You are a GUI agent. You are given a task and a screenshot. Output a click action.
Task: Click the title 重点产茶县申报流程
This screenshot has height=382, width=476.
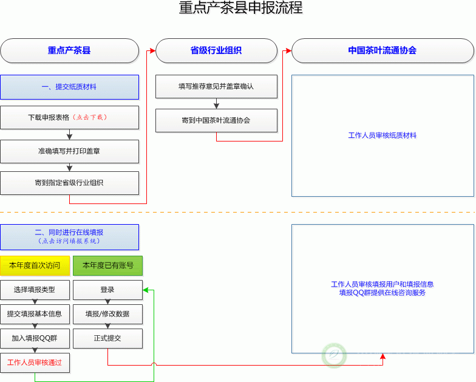point(240,9)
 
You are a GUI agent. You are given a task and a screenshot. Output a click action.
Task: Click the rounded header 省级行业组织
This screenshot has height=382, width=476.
point(216,51)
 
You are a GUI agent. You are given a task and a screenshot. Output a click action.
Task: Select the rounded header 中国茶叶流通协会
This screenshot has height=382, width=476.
point(382,51)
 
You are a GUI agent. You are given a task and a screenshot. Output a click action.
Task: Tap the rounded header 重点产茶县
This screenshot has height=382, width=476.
point(69,51)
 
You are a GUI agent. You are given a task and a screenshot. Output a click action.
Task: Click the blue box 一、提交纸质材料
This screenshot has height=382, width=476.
point(69,87)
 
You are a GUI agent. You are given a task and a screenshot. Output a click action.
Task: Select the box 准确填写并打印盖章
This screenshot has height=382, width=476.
point(69,151)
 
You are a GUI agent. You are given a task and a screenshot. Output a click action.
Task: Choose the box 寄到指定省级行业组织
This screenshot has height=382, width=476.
point(69,183)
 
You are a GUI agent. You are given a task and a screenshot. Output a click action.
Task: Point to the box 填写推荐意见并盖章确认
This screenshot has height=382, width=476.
point(216,86)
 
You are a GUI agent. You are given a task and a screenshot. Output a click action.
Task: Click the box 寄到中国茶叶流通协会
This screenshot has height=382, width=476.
point(216,120)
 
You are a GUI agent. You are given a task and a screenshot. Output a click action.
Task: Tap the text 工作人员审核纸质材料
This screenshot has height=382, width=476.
point(382,135)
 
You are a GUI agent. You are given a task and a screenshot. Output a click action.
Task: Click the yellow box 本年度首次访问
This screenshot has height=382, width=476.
point(35,265)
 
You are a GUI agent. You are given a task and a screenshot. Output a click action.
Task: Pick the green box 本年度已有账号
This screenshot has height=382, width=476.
point(107,265)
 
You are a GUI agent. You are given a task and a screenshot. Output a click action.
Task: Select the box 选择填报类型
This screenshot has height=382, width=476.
point(35,290)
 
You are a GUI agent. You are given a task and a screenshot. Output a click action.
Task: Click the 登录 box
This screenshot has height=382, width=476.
point(107,290)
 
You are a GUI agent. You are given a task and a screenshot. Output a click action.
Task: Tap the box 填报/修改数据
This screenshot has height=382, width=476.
point(107,314)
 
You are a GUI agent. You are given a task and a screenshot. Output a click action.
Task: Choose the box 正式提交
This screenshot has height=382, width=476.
point(107,338)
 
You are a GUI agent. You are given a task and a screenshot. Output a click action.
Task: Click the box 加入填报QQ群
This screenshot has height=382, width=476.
point(35,338)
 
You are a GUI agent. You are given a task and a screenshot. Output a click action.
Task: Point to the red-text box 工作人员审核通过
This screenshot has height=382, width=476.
point(35,363)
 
